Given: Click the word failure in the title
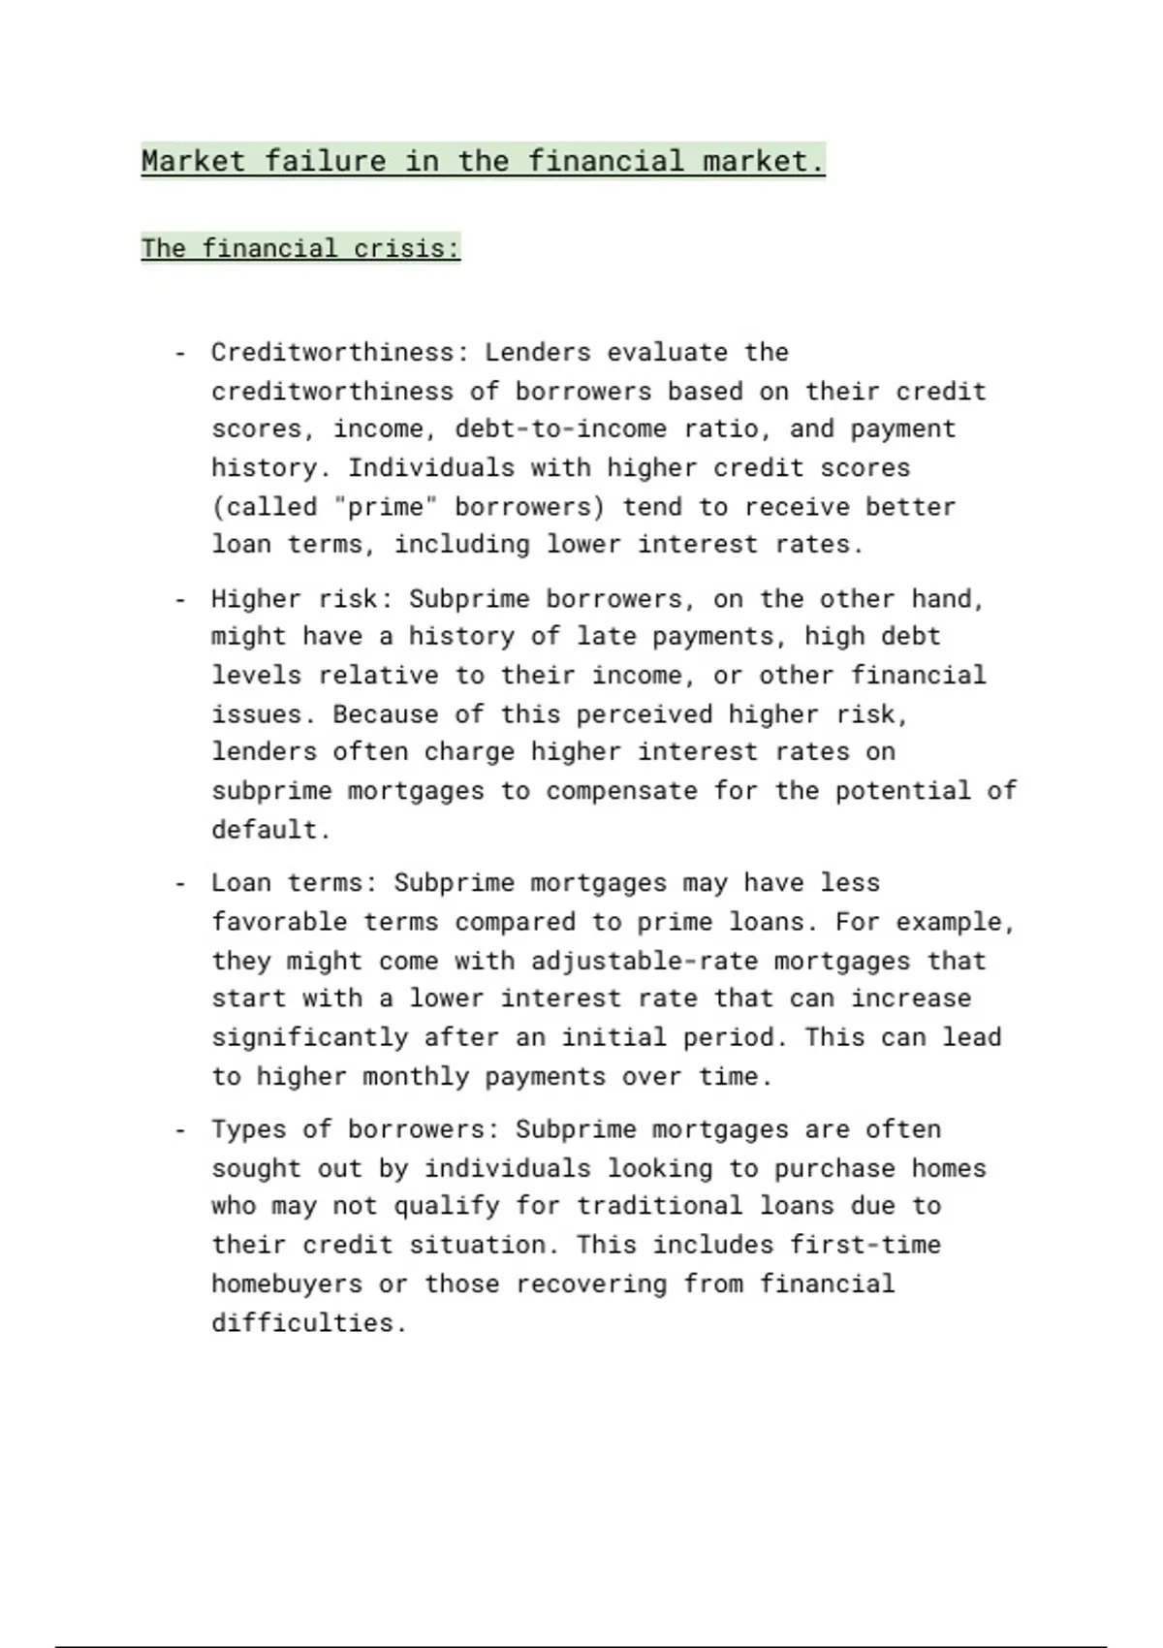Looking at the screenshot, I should pos(325,160).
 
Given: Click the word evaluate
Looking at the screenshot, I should pos(667,352).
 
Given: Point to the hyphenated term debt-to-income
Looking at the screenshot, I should pos(561,428).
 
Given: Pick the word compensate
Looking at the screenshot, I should pos(621,791).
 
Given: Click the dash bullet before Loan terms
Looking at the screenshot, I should pos(179,883).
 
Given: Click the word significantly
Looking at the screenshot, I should pos(309,1037).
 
